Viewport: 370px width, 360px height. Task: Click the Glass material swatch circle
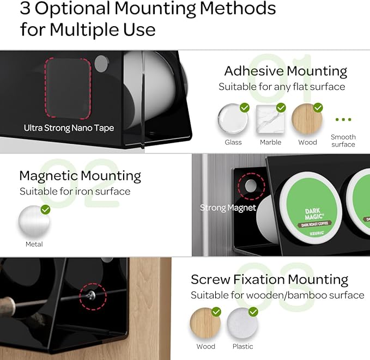click(233, 119)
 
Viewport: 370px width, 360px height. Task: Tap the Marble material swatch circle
click(270, 119)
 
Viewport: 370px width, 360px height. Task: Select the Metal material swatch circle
click(34, 222)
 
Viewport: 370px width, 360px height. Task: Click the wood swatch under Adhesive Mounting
click(307, 119)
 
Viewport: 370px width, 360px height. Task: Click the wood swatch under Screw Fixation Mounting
click(205, 324)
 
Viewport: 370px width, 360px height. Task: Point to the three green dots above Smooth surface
click(343, 119)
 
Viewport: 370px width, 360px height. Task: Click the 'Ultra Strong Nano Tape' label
click(69, 128)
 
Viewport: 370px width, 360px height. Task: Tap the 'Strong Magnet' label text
click(228, 208)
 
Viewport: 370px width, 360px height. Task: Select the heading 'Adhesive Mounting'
click(286, 71)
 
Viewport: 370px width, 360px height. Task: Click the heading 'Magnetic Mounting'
click(80, 175)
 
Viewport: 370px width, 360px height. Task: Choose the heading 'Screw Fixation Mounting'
click(269, 280)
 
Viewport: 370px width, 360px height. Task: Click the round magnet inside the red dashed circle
click(250, 186)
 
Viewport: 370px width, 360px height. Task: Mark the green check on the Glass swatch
click(245, 107)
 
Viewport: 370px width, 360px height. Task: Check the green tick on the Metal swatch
click(45, 209)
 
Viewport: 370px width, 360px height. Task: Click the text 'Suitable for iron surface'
click(75, 191)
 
